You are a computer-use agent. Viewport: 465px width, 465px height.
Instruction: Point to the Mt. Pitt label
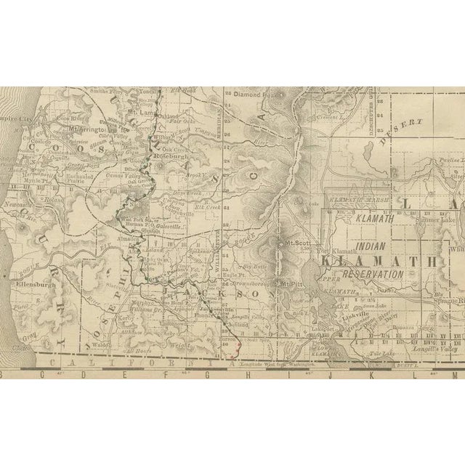point(292,283)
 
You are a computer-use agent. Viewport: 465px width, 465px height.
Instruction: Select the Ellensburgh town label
point(30,286)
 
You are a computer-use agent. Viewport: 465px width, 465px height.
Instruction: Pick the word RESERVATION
point(375,274)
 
